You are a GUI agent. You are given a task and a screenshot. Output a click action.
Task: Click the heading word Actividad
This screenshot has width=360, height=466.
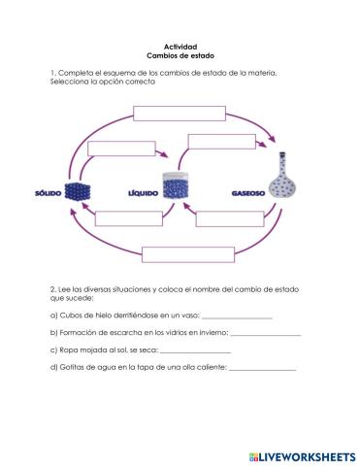[180, 47]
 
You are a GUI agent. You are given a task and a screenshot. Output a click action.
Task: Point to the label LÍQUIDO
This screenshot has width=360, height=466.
[143, 192]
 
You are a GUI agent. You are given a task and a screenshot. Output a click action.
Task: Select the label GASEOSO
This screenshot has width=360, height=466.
[247, 192]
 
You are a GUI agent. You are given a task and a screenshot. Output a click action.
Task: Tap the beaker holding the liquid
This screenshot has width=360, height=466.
[176, 187]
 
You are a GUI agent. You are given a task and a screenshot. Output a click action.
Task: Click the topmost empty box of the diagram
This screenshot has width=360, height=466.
[179, 112]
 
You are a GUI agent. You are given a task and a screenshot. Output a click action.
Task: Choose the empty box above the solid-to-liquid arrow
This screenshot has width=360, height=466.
[115, 149]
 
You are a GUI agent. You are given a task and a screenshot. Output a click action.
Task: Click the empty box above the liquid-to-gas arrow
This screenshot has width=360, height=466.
[222, 141]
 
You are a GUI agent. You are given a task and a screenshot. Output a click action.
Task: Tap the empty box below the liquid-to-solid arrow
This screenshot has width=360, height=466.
[128, 217]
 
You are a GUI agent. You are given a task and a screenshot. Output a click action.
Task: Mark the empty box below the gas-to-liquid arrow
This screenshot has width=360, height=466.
[230, 217]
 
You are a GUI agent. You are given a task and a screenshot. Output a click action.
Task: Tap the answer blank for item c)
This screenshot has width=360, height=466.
[195, 350]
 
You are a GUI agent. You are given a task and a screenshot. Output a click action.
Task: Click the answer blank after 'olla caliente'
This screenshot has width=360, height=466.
[262, 367]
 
